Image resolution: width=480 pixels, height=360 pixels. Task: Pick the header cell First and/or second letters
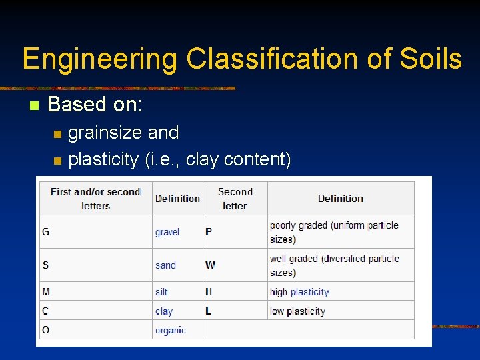pos(95,199)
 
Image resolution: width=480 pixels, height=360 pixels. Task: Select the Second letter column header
pos(235,199)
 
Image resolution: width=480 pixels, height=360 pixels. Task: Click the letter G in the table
pos(45,232)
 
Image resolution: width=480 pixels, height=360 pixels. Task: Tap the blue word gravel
pos(167,232)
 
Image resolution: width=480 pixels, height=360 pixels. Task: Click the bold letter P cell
pos(209,232)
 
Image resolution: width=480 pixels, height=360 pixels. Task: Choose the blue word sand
pos(165,265)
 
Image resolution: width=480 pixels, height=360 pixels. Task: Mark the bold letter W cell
pos(210,265)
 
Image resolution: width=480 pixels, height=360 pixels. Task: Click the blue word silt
pos(161,292)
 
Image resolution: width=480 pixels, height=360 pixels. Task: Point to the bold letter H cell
pos(209,292)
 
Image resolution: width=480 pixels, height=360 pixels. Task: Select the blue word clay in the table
pos(163,311)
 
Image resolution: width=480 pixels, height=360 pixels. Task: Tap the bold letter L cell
pos(208,311)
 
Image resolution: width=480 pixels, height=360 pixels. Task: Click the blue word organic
pos(170,330)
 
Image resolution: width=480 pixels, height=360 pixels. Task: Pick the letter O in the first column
pos(45,330)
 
